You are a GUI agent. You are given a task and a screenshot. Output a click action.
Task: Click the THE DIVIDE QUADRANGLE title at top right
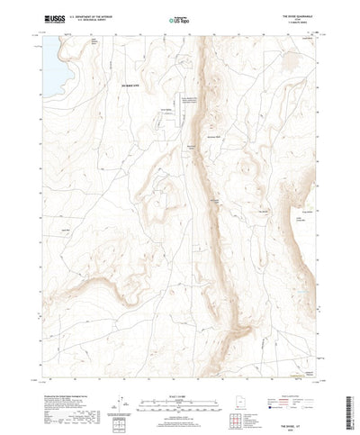tap(298, 14)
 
